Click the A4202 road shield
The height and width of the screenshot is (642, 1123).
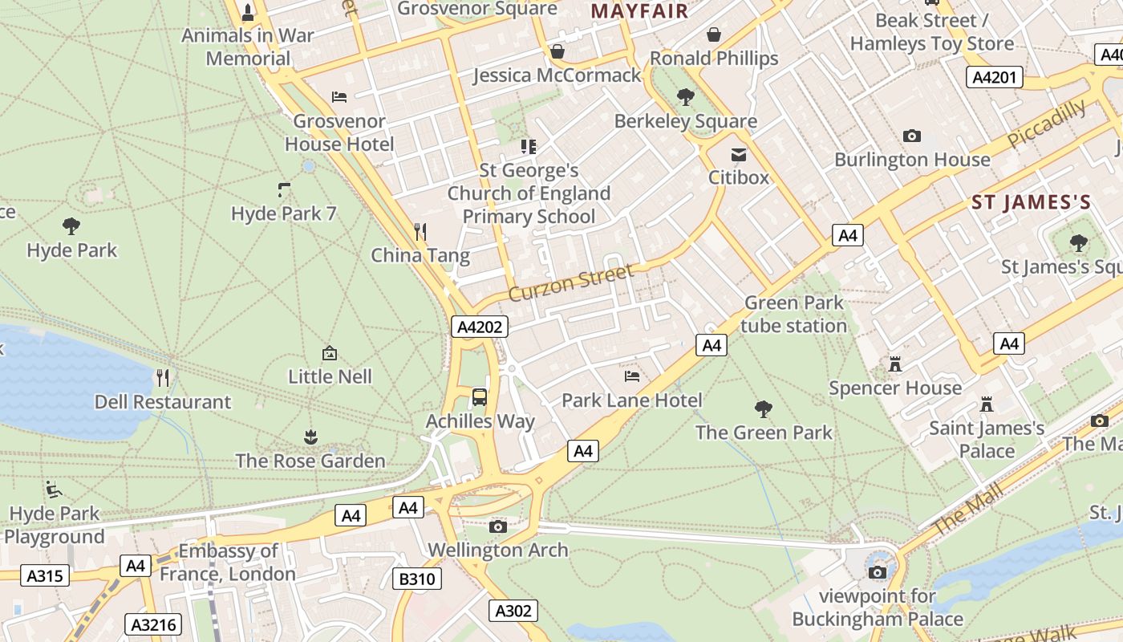click(x=480, y=327)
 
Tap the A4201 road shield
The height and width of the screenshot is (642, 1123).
click(x=994, y=77)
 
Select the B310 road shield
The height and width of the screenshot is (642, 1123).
click(x=417, y=579)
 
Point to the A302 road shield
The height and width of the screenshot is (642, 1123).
click(x=513, y=611)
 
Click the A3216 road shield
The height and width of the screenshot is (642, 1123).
click(x=154, y=624)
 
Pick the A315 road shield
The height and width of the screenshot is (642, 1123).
click(x=44, y=575)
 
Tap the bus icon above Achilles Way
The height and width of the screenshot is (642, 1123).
click(x=480, y=396)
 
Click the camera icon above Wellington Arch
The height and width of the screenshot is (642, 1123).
click(x=498, y=526)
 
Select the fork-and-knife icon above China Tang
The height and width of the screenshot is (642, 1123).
click(x=420, y=232)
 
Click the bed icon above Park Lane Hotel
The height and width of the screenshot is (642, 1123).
click(x=632, y=376)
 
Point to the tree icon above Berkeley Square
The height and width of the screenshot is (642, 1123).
click(x=686, y=97)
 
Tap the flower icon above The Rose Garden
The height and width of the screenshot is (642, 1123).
click(x=310, y=437)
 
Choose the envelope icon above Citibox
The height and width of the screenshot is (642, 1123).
click(x=738, y=154)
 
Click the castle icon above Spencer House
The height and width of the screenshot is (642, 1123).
click(x=895, y=365)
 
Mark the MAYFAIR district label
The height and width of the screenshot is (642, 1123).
click(x=639, y=11)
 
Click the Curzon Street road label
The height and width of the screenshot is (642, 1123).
click(x=571, y=282)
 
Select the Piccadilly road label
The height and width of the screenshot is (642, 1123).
click(x=1047, y=123)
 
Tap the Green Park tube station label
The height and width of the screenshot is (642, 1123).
click(x=793, y=314)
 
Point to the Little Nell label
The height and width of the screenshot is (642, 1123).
click(x=330, y=376)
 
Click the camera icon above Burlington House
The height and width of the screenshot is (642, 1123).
click(x=912, y=136)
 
